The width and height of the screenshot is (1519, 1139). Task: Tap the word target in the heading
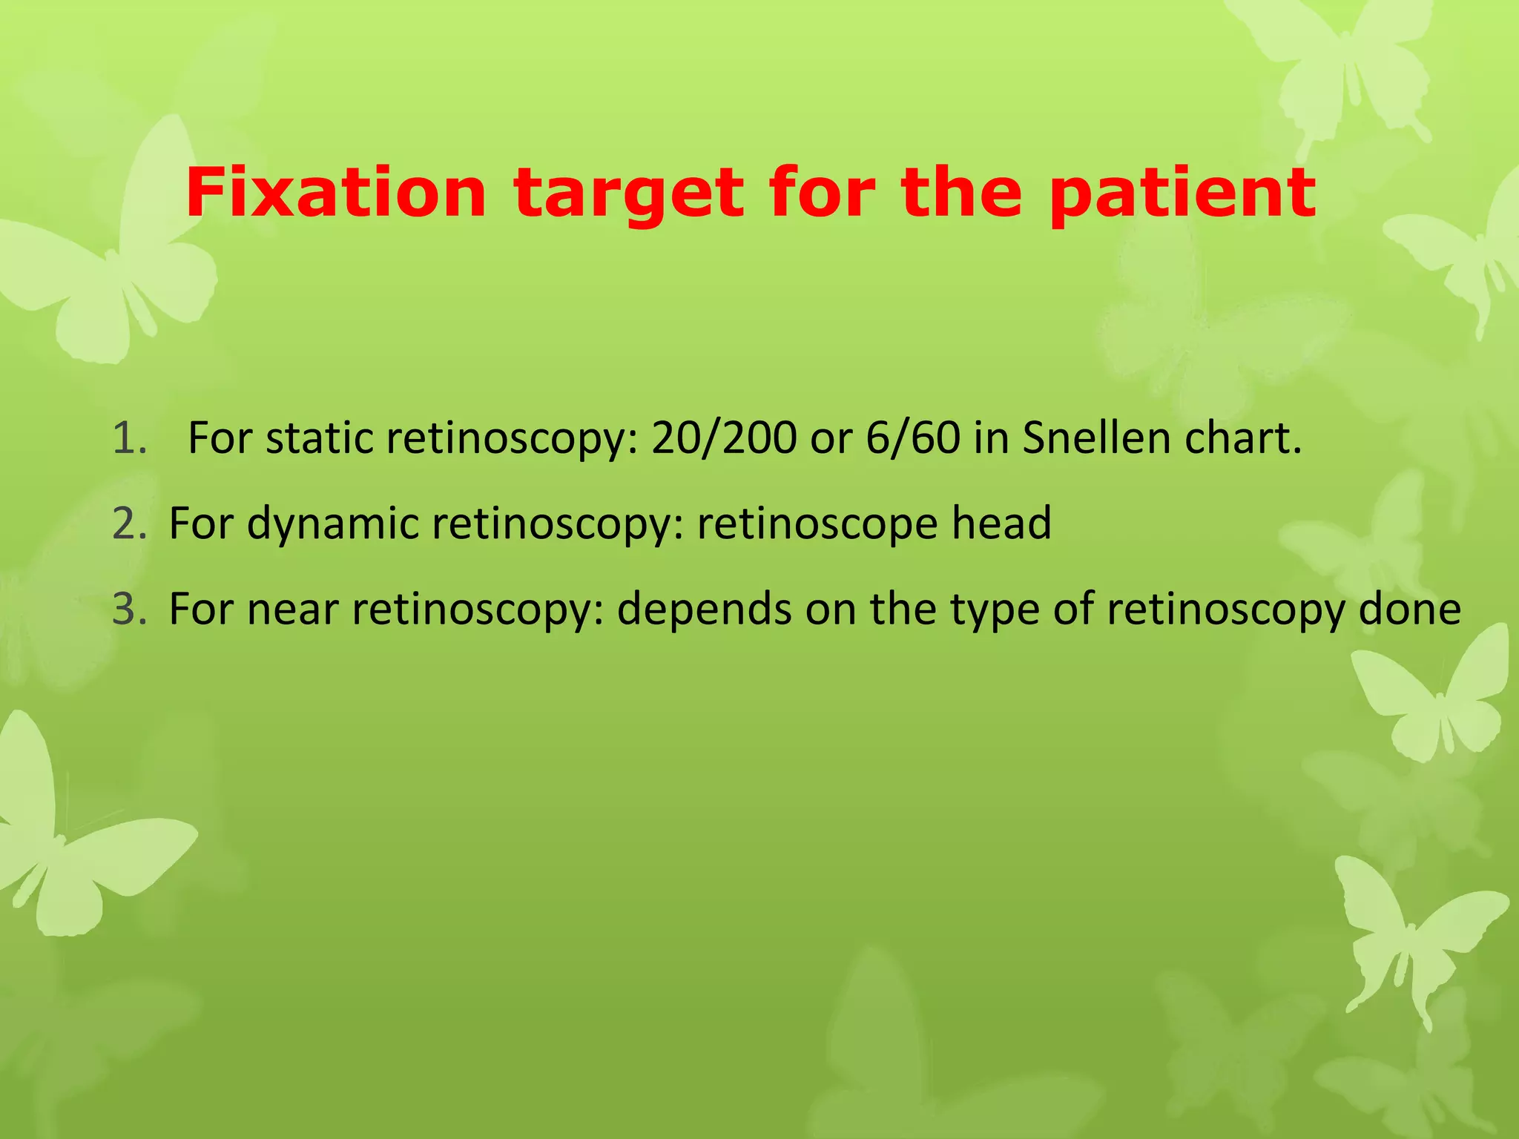click(628, 194)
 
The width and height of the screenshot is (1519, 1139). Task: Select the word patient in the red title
click(1182, 194)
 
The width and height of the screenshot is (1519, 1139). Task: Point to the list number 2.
click(130, 524)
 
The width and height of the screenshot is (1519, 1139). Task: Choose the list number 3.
click(130, 609)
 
